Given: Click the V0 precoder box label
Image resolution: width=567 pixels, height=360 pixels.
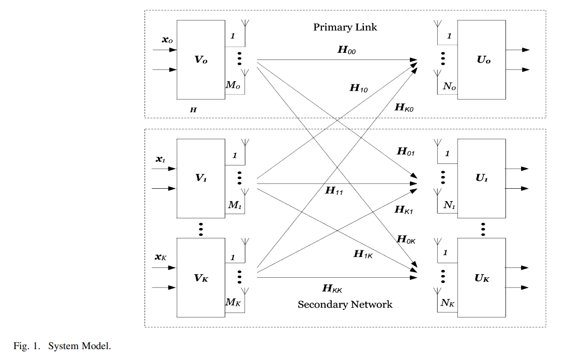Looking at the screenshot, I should point(201,59).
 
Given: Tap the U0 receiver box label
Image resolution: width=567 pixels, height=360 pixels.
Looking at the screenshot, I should point(483,61).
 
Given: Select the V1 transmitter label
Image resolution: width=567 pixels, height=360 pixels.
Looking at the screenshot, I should point(201,177).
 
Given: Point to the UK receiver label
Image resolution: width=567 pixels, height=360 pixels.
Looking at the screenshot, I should point(482,279).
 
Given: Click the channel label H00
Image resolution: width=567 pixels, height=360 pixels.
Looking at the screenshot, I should point(346,50).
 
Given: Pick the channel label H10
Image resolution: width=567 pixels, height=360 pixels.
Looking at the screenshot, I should point(359,88).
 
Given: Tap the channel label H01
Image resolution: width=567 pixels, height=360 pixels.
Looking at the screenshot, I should point(406,152).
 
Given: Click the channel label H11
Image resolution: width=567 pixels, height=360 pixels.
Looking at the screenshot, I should point(334,190).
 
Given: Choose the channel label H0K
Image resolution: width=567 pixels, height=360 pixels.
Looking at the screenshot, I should point(406,239).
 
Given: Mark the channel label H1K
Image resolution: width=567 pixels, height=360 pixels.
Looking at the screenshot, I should point(363,254).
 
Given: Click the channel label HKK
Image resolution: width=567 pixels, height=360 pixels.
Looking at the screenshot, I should point(332,288).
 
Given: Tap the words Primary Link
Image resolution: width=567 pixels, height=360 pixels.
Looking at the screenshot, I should point(345,27).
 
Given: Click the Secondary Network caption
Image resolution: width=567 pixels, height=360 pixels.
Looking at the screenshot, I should point(345,304).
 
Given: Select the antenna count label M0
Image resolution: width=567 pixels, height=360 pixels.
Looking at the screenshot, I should point(233,85).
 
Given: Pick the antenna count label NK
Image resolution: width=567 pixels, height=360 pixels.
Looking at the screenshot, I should point(448,303).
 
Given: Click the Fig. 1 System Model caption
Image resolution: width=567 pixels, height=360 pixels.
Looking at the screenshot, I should point(62,346).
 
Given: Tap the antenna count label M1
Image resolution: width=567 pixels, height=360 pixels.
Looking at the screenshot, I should point(235,205).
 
